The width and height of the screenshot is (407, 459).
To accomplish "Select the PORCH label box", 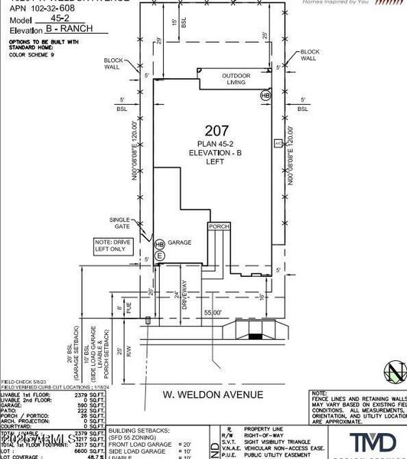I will pyautogui.click(x=219, y=226).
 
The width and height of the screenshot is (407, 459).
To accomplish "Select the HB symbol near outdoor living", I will pyautogui.click(x=265, y=96).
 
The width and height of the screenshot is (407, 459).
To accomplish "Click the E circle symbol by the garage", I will pyautogui.click(x=159, y=256).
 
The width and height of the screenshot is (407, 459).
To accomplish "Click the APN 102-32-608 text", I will pyautogui.click(x=34, y=11).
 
